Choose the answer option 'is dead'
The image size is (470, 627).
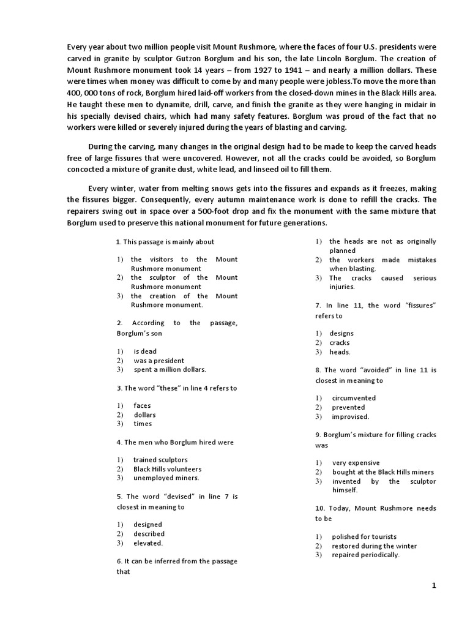tap(145, 351)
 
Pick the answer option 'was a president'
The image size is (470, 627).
tap(159, 361)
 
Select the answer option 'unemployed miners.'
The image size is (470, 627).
tap(166, 478)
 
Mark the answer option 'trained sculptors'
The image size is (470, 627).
tap(160, 459)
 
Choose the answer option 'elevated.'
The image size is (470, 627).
tap(148, 543)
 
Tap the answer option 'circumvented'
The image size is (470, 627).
tap(354, 398)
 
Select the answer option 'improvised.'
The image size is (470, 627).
tap(350, 416)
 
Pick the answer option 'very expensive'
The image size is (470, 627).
tap(356, 463)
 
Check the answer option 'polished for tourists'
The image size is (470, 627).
tap(364, 536)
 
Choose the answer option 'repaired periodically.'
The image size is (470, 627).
tap(365, 555)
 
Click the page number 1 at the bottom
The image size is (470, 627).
tap(434, 585)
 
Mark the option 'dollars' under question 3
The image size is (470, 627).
tap(145, 415)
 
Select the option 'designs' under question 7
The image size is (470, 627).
tap(341, 334)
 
